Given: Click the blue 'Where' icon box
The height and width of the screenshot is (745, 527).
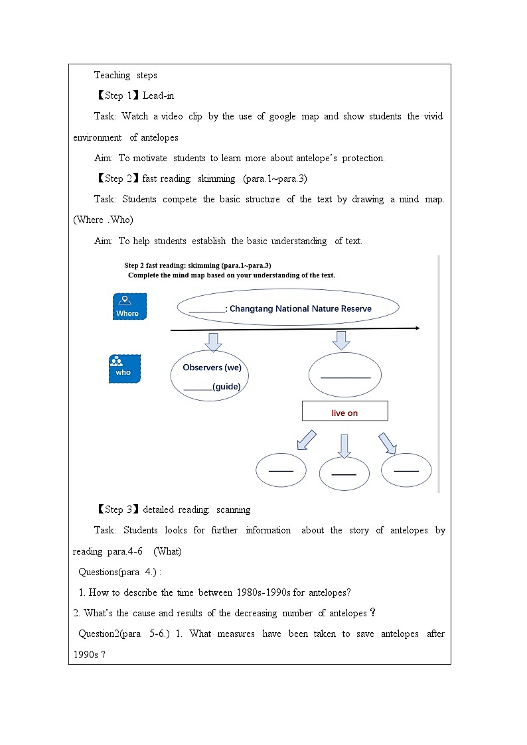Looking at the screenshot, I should [129, 306].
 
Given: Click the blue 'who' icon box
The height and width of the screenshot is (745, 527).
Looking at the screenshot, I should [124, 369].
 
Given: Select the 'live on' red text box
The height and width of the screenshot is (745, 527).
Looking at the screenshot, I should [344, 412].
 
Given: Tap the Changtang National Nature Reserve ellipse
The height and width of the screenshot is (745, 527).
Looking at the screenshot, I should [288, 308].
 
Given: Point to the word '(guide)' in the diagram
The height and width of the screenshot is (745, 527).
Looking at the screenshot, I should [226, 387].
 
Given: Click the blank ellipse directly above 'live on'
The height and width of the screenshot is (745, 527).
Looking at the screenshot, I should [344, 375].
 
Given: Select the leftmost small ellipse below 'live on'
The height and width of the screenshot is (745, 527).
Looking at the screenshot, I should [281, 470].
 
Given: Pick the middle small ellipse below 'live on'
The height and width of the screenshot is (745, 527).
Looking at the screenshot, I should [344, 473].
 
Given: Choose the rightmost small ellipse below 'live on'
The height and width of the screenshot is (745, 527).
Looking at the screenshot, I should [406, 470].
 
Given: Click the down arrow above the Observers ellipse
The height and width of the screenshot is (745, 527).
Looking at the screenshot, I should [213, 341].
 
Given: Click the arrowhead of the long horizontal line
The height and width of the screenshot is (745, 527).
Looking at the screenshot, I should [416, 328].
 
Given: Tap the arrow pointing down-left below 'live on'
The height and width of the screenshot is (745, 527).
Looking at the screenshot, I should [306, 439].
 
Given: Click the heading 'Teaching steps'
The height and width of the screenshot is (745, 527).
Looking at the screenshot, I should [125, 75].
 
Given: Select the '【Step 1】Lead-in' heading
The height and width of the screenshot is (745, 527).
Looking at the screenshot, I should [135, 96].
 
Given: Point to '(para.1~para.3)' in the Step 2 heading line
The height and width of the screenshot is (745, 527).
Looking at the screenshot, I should [275, 178].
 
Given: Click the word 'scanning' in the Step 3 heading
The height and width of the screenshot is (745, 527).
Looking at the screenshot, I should [233, 509].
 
